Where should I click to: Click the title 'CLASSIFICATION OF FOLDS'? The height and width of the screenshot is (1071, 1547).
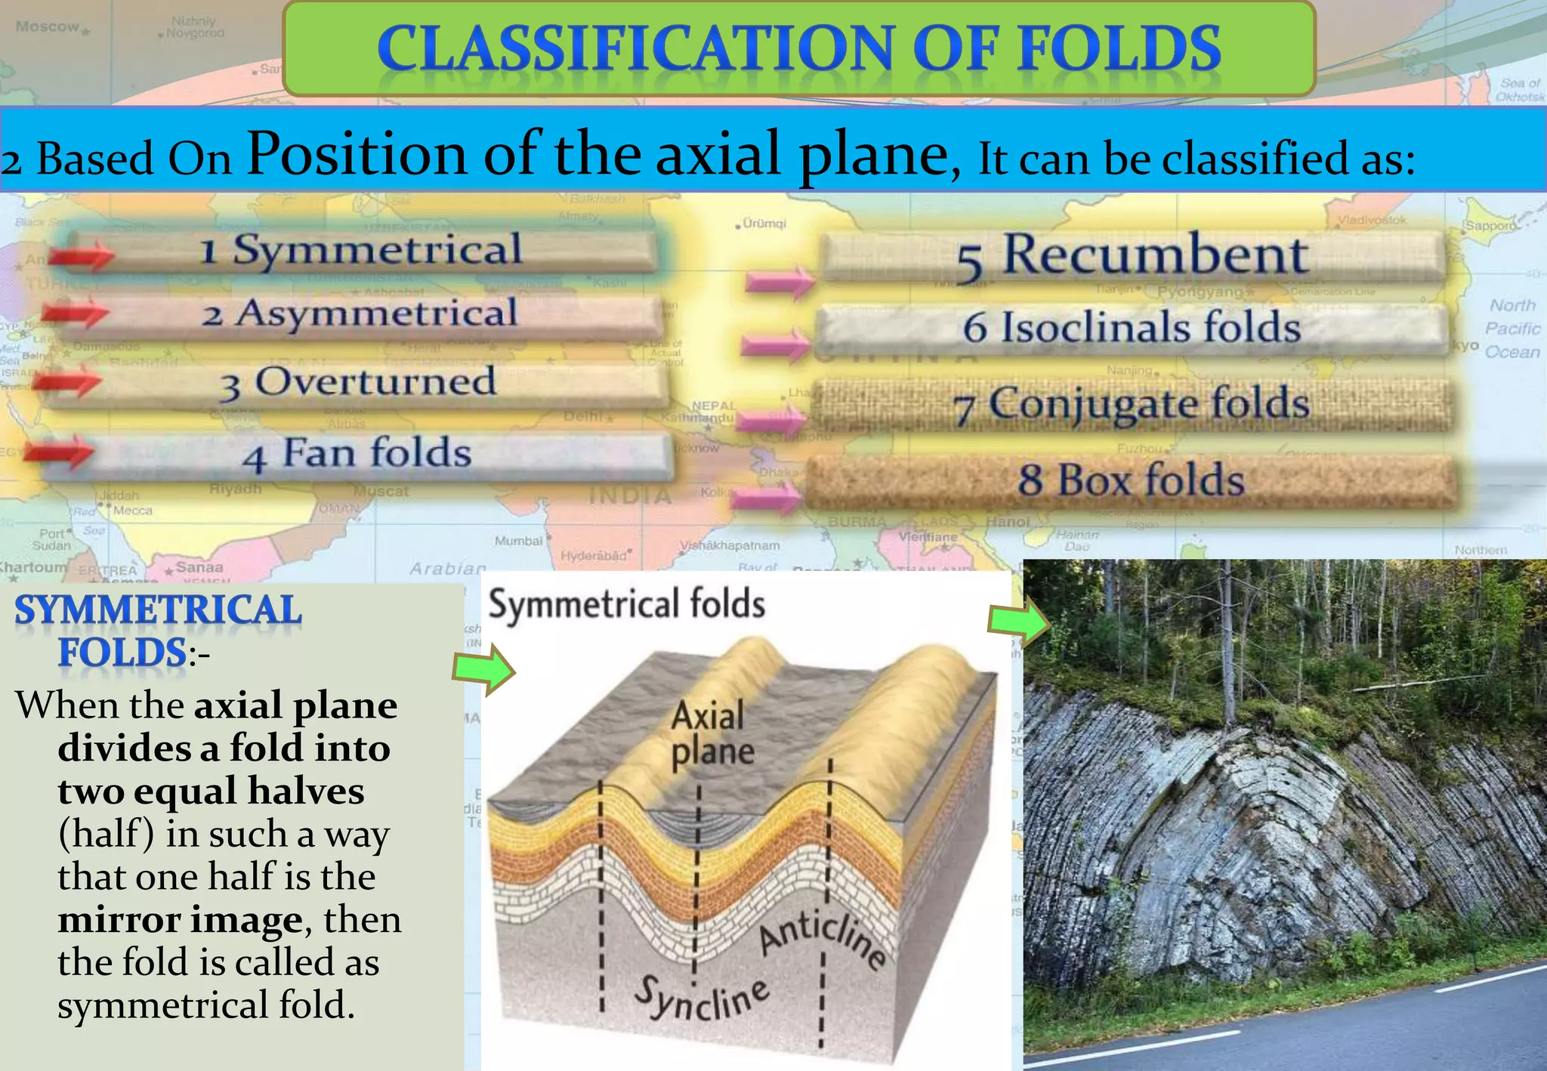(798, 48)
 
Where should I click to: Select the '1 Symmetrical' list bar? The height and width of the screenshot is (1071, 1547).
(361, 250)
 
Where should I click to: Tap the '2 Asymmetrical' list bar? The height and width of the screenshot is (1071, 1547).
(360, 314)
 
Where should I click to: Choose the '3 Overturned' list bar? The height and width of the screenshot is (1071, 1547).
(358, 383)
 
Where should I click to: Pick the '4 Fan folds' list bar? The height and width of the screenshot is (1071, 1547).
(357, 454)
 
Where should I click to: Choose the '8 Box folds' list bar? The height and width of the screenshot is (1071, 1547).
(1131, 480)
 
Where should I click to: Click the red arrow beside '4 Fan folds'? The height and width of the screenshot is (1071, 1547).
(59, 452)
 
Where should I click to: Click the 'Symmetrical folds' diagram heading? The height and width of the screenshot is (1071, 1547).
(626, 604)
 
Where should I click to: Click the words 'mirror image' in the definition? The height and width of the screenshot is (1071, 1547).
(181, 920)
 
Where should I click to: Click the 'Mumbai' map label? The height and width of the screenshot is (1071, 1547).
(518, 541)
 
